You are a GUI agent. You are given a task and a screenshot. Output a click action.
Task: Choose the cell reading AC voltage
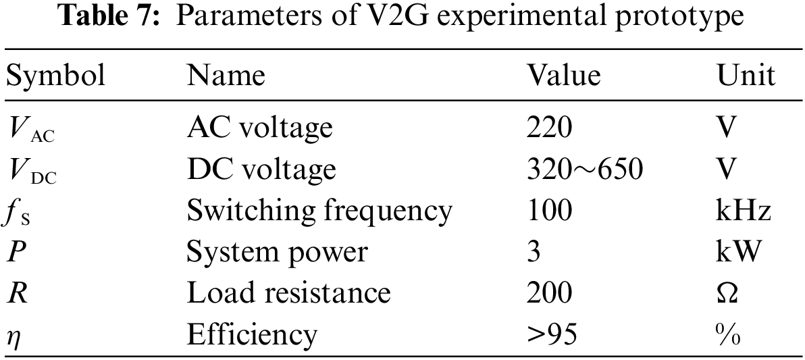tap(260, 127)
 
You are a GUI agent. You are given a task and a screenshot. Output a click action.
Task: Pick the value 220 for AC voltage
tap(549, 127)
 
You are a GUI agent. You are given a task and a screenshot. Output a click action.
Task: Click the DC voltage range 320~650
tap(584, 169)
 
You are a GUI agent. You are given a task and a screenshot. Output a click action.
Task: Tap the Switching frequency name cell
tap(319, 211)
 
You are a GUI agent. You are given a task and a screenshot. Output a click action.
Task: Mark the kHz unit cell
tap(744, 211)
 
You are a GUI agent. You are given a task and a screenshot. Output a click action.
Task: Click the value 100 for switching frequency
tap(549, 211)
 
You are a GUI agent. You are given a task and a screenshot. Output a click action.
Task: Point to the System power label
tap(277, 252)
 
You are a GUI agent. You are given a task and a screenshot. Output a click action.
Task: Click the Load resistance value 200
tap(549, 293)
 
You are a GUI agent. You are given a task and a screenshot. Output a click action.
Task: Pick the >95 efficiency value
tap(552, 334)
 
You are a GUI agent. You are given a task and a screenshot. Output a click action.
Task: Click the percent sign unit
tap(728, 334)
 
